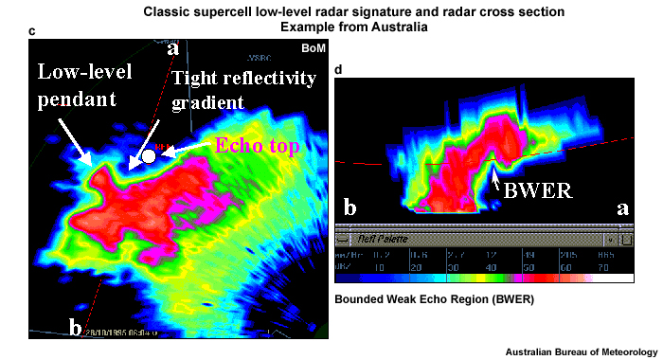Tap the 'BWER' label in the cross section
pyautogui.click(x=540, y=188)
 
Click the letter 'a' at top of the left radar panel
pyautogui.click(x=172, y=46)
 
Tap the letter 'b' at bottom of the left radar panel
pyautogui.click(x=75, y=328)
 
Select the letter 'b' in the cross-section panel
pyautogui.click(x=349, y=207)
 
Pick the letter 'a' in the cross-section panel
pyautogui.click(x=622, y=207)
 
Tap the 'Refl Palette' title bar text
pyautogui.click(x=383, y=242)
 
